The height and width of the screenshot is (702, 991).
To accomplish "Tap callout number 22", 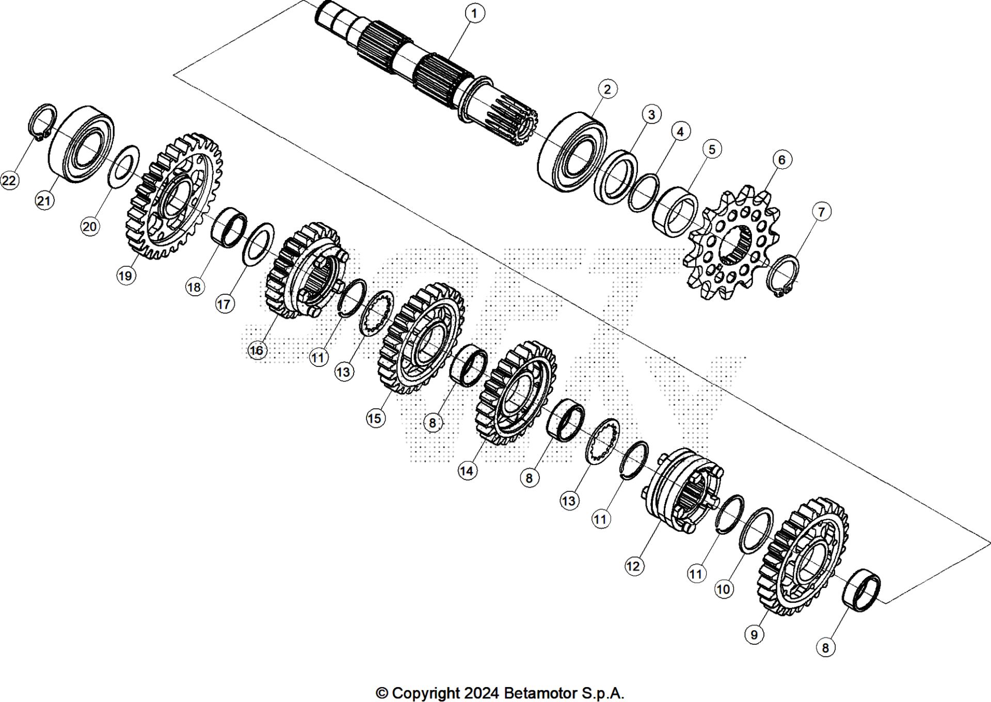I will (9, 181).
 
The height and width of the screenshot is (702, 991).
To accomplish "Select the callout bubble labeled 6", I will (781, 160).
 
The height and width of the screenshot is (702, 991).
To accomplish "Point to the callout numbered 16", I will (257, 350).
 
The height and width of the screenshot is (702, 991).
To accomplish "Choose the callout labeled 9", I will (754, 634).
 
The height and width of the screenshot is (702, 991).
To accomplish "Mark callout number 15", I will (375, 418).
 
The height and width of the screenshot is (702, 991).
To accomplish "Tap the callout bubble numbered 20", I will (90, 227).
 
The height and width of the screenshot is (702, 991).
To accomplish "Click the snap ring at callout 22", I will (42, 121).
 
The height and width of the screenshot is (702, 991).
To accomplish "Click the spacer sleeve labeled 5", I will (675, 212).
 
